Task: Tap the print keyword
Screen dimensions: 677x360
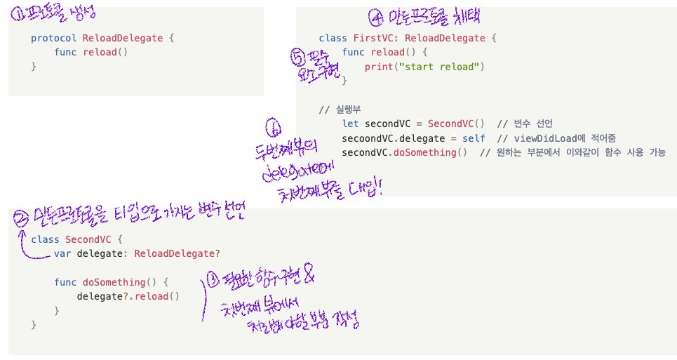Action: (378, 67)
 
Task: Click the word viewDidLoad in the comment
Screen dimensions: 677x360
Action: (535, 138)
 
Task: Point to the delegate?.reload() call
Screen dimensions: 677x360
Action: (128, 296)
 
